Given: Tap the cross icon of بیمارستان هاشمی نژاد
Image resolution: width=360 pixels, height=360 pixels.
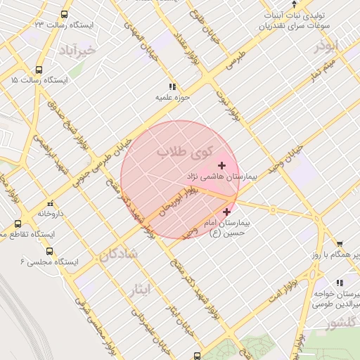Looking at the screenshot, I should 222,165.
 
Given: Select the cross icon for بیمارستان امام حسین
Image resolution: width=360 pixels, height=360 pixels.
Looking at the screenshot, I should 226,212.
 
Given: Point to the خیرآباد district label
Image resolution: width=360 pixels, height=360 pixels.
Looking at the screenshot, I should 77,51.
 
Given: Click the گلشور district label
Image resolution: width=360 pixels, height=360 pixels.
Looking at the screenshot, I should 340,323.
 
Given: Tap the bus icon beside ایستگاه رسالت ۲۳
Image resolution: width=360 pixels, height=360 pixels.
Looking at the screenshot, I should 65,14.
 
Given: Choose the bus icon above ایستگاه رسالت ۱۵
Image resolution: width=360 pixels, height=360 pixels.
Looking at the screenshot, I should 38,70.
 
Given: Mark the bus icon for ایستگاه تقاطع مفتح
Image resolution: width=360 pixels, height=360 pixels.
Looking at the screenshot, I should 18,224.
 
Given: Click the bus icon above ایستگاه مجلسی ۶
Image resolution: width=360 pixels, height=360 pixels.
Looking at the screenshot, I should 49,250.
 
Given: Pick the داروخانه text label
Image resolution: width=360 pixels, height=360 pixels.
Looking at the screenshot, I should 51,212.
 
